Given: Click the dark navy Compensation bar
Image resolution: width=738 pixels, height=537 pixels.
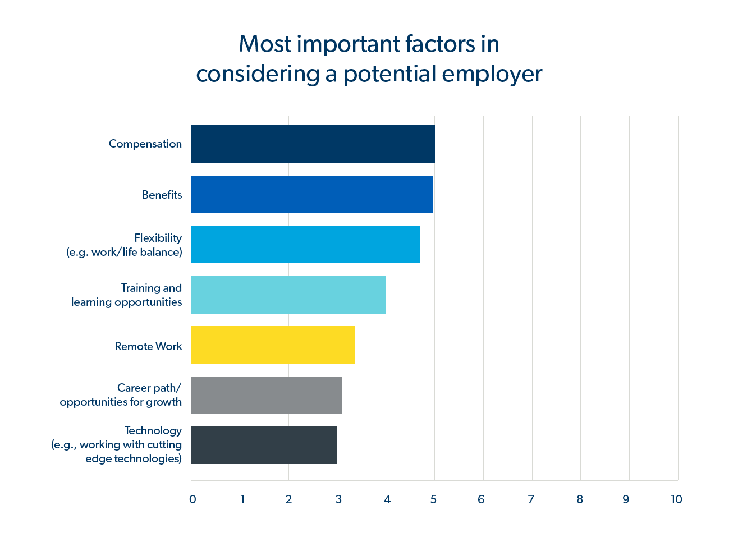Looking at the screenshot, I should click(x=313, y=144).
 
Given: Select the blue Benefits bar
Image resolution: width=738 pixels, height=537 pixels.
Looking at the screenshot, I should click(x=312, y=194).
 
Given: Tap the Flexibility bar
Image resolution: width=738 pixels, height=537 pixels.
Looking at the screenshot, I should click(x=305, y=244).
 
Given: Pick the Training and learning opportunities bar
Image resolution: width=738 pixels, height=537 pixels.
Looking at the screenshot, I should click(x=288, y=295).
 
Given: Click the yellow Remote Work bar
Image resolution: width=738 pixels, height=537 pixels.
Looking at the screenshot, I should click(x=273, y=345).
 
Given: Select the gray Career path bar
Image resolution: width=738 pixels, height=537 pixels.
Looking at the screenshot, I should click(x=266, y=395).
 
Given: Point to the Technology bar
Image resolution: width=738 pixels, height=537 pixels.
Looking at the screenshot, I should click(x=264, y=445).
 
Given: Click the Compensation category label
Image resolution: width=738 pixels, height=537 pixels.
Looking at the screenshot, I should click(x=145, y=144).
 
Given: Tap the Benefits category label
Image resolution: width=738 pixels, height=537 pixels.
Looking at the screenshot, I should click(x=162, y=195).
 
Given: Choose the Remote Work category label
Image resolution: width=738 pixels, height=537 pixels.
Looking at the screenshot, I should click(x=148, y=346).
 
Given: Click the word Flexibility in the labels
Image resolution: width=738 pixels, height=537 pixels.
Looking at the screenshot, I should click(x=158, y=238).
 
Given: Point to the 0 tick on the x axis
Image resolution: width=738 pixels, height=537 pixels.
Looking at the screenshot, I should click(x=192, y=499).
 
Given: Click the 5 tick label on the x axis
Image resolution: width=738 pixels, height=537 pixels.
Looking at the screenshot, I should click(x=433, y=499).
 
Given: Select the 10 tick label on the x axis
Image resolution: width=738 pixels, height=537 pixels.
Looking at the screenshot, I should click(x=676, y=499).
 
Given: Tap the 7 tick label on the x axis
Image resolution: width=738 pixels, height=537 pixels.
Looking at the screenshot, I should click(x=531, y=499).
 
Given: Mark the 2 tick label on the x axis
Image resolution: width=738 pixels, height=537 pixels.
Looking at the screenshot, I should click(x=288, y=499).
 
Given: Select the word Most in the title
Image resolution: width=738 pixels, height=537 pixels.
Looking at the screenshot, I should click(x=265, y=44).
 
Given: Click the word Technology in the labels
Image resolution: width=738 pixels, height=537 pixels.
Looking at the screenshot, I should click(x=153, y=430).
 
